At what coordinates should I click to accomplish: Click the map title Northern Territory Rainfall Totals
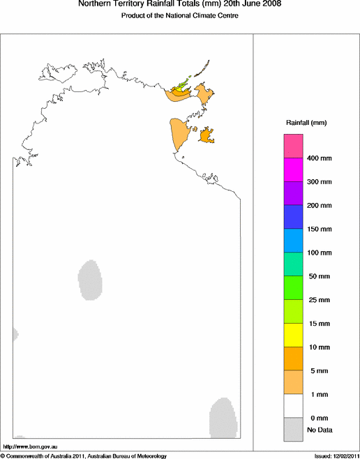point(180,5)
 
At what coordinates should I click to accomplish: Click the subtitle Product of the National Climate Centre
point(180,15)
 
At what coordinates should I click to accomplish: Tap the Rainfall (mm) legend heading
point(306,123)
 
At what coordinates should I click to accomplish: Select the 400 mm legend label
point(319,158)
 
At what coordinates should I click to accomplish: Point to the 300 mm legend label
point(319,182)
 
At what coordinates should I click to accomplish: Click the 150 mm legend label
point(319,229)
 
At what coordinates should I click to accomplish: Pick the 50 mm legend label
point(317,276)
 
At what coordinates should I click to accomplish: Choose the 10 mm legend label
point(317,347)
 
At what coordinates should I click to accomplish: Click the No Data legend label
point(317,430)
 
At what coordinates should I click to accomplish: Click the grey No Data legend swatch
point(292,430)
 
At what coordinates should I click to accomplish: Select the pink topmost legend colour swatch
point(292,146)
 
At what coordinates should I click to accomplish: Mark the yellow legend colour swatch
point(292,335)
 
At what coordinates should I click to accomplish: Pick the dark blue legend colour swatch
point(292,217)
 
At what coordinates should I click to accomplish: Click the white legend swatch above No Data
point(292,406)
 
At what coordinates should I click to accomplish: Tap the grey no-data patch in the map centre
point(90,279)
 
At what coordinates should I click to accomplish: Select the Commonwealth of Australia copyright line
point(84,456)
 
